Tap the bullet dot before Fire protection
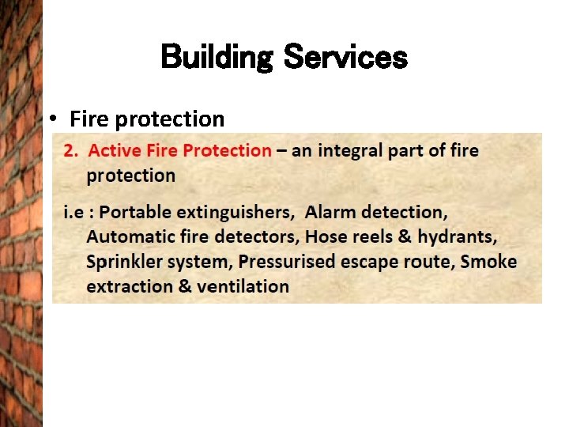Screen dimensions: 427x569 tap(52, 119)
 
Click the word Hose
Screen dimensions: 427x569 tap(325, 237)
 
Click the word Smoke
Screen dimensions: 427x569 tap(488, 261)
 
